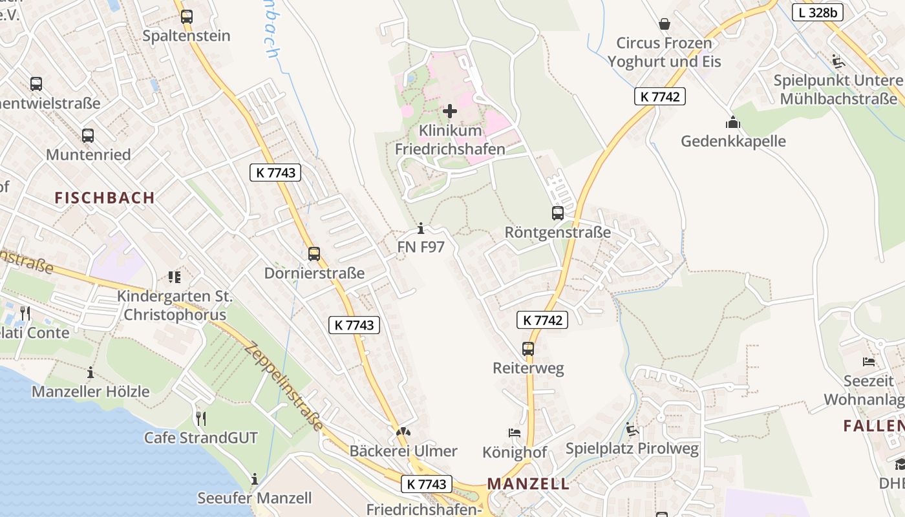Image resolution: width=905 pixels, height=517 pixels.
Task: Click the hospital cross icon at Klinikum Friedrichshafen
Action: [x=449, y=111]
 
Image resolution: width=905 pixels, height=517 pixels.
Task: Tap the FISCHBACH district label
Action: [x=105, y=198]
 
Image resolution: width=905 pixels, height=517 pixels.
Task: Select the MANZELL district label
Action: [x=528, y=483]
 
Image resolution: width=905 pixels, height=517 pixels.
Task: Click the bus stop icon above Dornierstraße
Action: [x=314, y=254]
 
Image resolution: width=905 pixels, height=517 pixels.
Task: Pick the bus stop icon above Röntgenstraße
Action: [x=557, y=213]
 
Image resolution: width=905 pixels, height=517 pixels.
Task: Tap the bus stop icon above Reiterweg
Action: [x=528, y=349]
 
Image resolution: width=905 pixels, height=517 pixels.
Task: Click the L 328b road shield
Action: [x=817, y=11]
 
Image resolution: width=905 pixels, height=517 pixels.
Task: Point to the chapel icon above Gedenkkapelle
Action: [x=732, y=122]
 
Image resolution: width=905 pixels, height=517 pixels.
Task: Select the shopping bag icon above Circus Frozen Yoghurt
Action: [x=664, y=24]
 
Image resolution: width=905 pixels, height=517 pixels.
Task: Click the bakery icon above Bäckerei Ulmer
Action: [x=403, y=432]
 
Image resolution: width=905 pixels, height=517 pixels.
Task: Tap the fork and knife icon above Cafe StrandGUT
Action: [x=200, y=419]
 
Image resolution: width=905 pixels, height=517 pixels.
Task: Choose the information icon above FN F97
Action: [x=421, y=228]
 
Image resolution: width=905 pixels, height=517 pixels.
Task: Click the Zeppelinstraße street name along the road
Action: [x=284, y=386]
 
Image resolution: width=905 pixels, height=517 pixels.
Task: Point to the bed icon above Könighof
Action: [x=515, y=433]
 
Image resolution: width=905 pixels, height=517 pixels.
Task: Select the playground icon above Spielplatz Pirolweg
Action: [x=632, y=429]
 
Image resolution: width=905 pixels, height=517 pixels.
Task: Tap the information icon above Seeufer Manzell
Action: [x=255, y=479]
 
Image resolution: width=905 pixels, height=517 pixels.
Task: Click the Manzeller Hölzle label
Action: [x=90, y=392]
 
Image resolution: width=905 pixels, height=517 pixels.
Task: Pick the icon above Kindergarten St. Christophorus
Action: [x=174, y=277]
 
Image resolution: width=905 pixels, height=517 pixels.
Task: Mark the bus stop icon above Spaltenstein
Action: [x=186, y=17]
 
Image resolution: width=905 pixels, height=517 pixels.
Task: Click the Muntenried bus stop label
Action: [x=88, y=155]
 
